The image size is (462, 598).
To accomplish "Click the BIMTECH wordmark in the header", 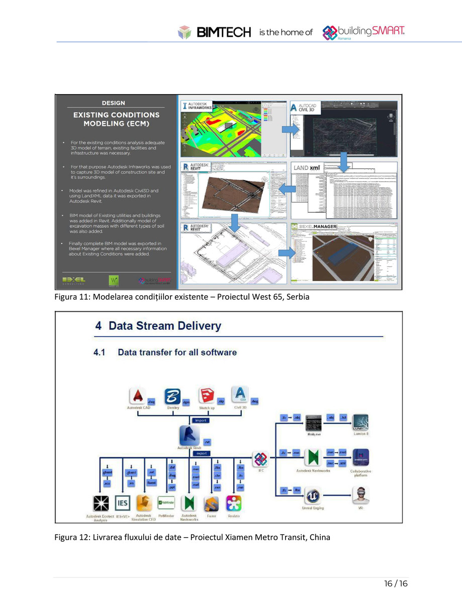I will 223,33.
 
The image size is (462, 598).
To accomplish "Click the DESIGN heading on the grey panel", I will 114,103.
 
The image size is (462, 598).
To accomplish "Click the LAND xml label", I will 307,167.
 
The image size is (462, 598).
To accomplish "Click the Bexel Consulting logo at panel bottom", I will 73,280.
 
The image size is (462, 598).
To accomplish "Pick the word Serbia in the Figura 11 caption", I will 297,297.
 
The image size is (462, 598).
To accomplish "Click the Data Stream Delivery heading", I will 158,325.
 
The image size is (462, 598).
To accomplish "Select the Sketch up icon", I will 207,395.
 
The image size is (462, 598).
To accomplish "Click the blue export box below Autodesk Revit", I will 202,453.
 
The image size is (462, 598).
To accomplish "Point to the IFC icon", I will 260,459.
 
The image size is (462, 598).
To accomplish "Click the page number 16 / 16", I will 396,583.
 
